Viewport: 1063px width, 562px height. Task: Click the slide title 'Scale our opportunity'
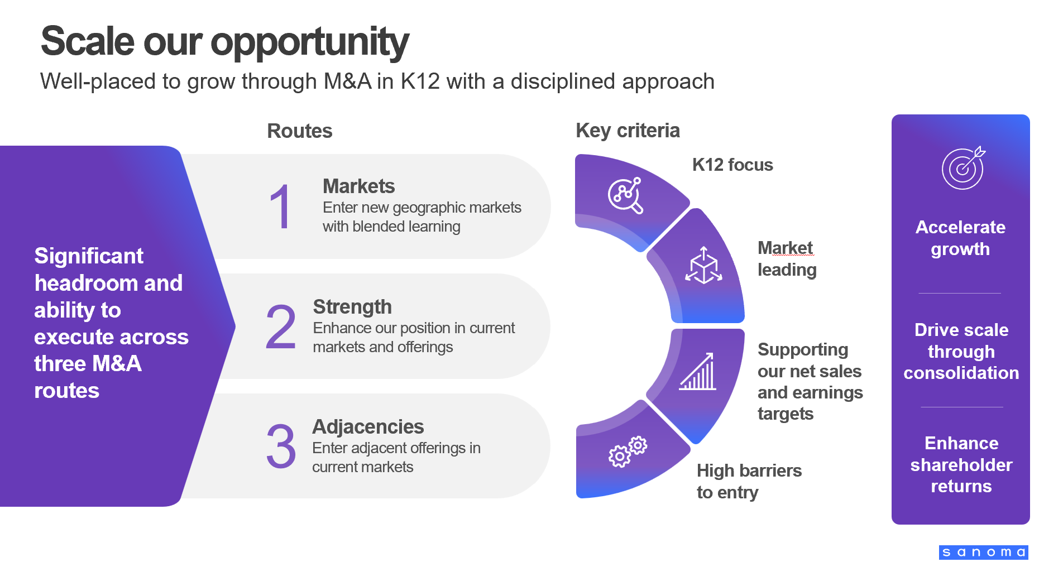(225, 42)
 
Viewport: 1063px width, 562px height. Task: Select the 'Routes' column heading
(300, 131)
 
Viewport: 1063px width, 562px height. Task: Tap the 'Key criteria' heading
(628, 131)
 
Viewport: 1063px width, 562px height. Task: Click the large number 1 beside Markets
(280, 207)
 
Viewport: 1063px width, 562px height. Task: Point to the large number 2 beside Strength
(281, 327)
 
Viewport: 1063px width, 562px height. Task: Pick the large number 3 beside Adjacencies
(281, 446)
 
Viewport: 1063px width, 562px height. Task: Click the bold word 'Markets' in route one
(358, 186)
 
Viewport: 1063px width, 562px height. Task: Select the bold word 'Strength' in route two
(352, 306)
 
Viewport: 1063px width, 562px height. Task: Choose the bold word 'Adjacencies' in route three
(368, 426)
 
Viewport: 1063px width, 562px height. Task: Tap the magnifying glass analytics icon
(626, 196)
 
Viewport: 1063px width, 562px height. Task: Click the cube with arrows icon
(703, 266)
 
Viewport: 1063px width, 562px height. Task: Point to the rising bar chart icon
(697, 371)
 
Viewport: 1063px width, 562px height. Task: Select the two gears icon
(628, 451)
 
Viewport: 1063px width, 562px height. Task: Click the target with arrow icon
(963, 168)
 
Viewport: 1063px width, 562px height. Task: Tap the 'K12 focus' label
(732, 165)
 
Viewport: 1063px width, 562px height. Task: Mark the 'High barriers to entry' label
(749, 482)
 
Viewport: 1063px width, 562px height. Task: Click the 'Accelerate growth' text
(960, 238)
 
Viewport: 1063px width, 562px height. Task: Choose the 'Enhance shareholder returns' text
(961, 464)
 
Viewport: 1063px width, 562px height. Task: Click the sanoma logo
(984, 553)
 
